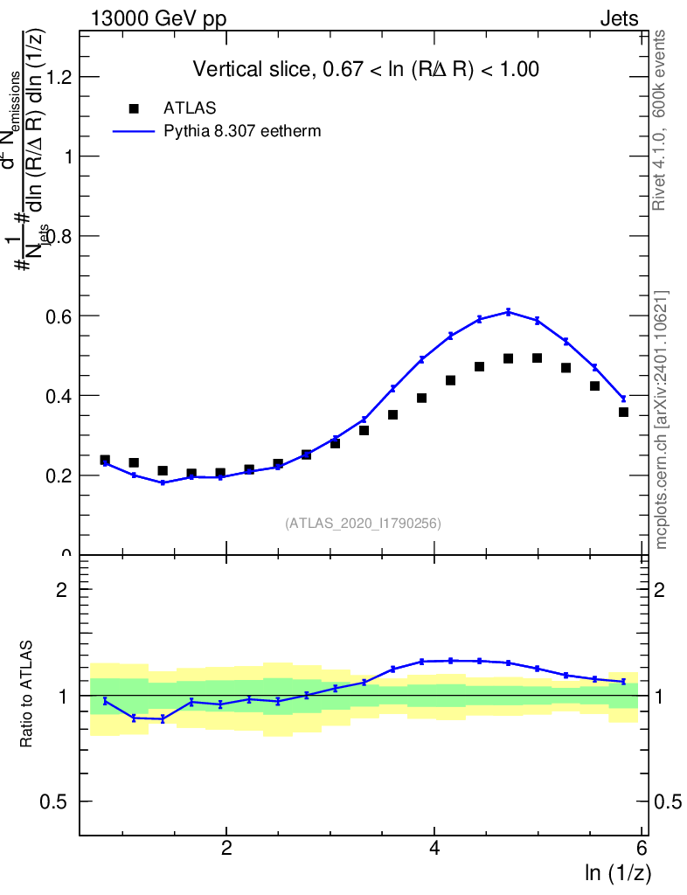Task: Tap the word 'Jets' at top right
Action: click(x=619, y=18)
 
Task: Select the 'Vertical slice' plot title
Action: click(x=365, y=69)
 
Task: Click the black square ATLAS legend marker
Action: click(x=134, y=108)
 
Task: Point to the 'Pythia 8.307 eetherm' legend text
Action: click(x=243, y=131)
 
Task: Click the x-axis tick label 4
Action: click(x=434, y=849)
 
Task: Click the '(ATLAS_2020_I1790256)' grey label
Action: click(x=363, y=524)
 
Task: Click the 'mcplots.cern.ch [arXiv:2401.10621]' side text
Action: click(x=662, y=420)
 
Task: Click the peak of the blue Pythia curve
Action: click(x=509, y=311)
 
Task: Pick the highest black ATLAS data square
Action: click(x=537, y=358)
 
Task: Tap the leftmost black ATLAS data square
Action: click(x=105, y=460)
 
